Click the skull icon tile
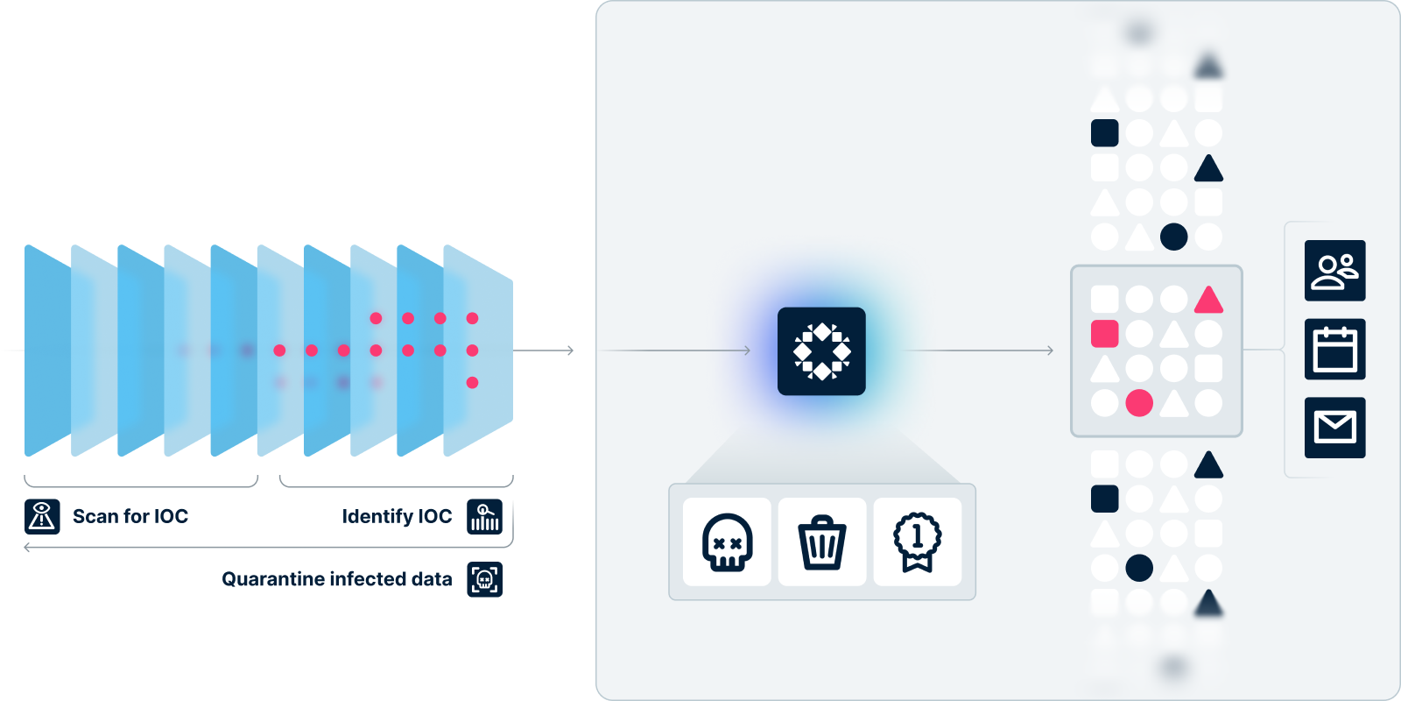[727, 542]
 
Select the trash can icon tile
[822, 542]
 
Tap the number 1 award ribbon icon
[917, 542]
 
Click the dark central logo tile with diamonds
[821, 351]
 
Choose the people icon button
[1334, 271]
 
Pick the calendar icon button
[1334, 349]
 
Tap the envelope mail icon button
[1334, 428]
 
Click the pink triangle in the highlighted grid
[1208, 301]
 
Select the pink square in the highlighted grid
[1105, 334]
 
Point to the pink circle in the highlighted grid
[1139, 403]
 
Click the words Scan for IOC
[130, 516]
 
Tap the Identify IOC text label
[397, 516]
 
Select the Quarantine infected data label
[336, 579]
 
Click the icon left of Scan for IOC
[42, 516]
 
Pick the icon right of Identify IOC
[485, 516]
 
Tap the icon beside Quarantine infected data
[485, 579]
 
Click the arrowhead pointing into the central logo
[747, 350]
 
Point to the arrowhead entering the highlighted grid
[1050, 350]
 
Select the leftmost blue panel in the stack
[46, 350]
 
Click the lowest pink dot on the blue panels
[472, 382]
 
